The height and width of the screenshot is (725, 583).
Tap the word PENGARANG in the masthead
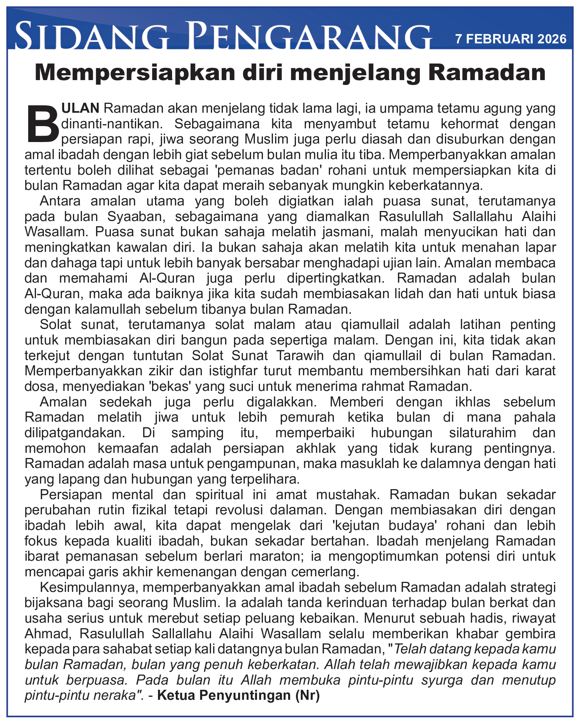308,36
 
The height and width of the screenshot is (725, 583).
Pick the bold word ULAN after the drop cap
80,108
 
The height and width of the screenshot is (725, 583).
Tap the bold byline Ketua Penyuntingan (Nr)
238,695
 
